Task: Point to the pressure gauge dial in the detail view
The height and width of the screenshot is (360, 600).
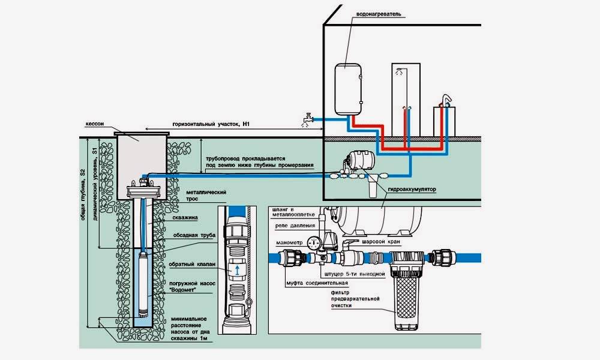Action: (x=312, y=243)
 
